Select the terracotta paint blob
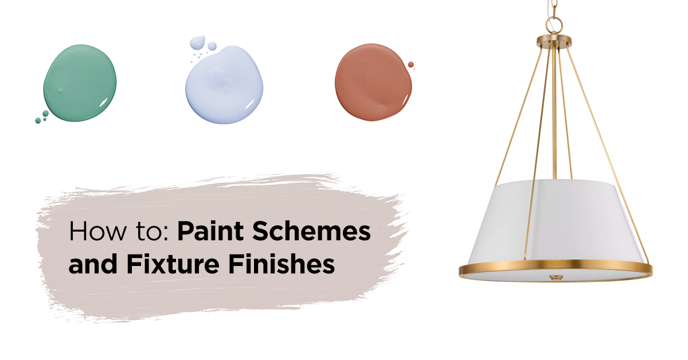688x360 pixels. [x=373, y=84]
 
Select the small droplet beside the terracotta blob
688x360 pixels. [x=411, y=64]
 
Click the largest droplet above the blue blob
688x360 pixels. [x=197, y=41]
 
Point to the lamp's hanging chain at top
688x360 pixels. [x=554, y=7]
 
